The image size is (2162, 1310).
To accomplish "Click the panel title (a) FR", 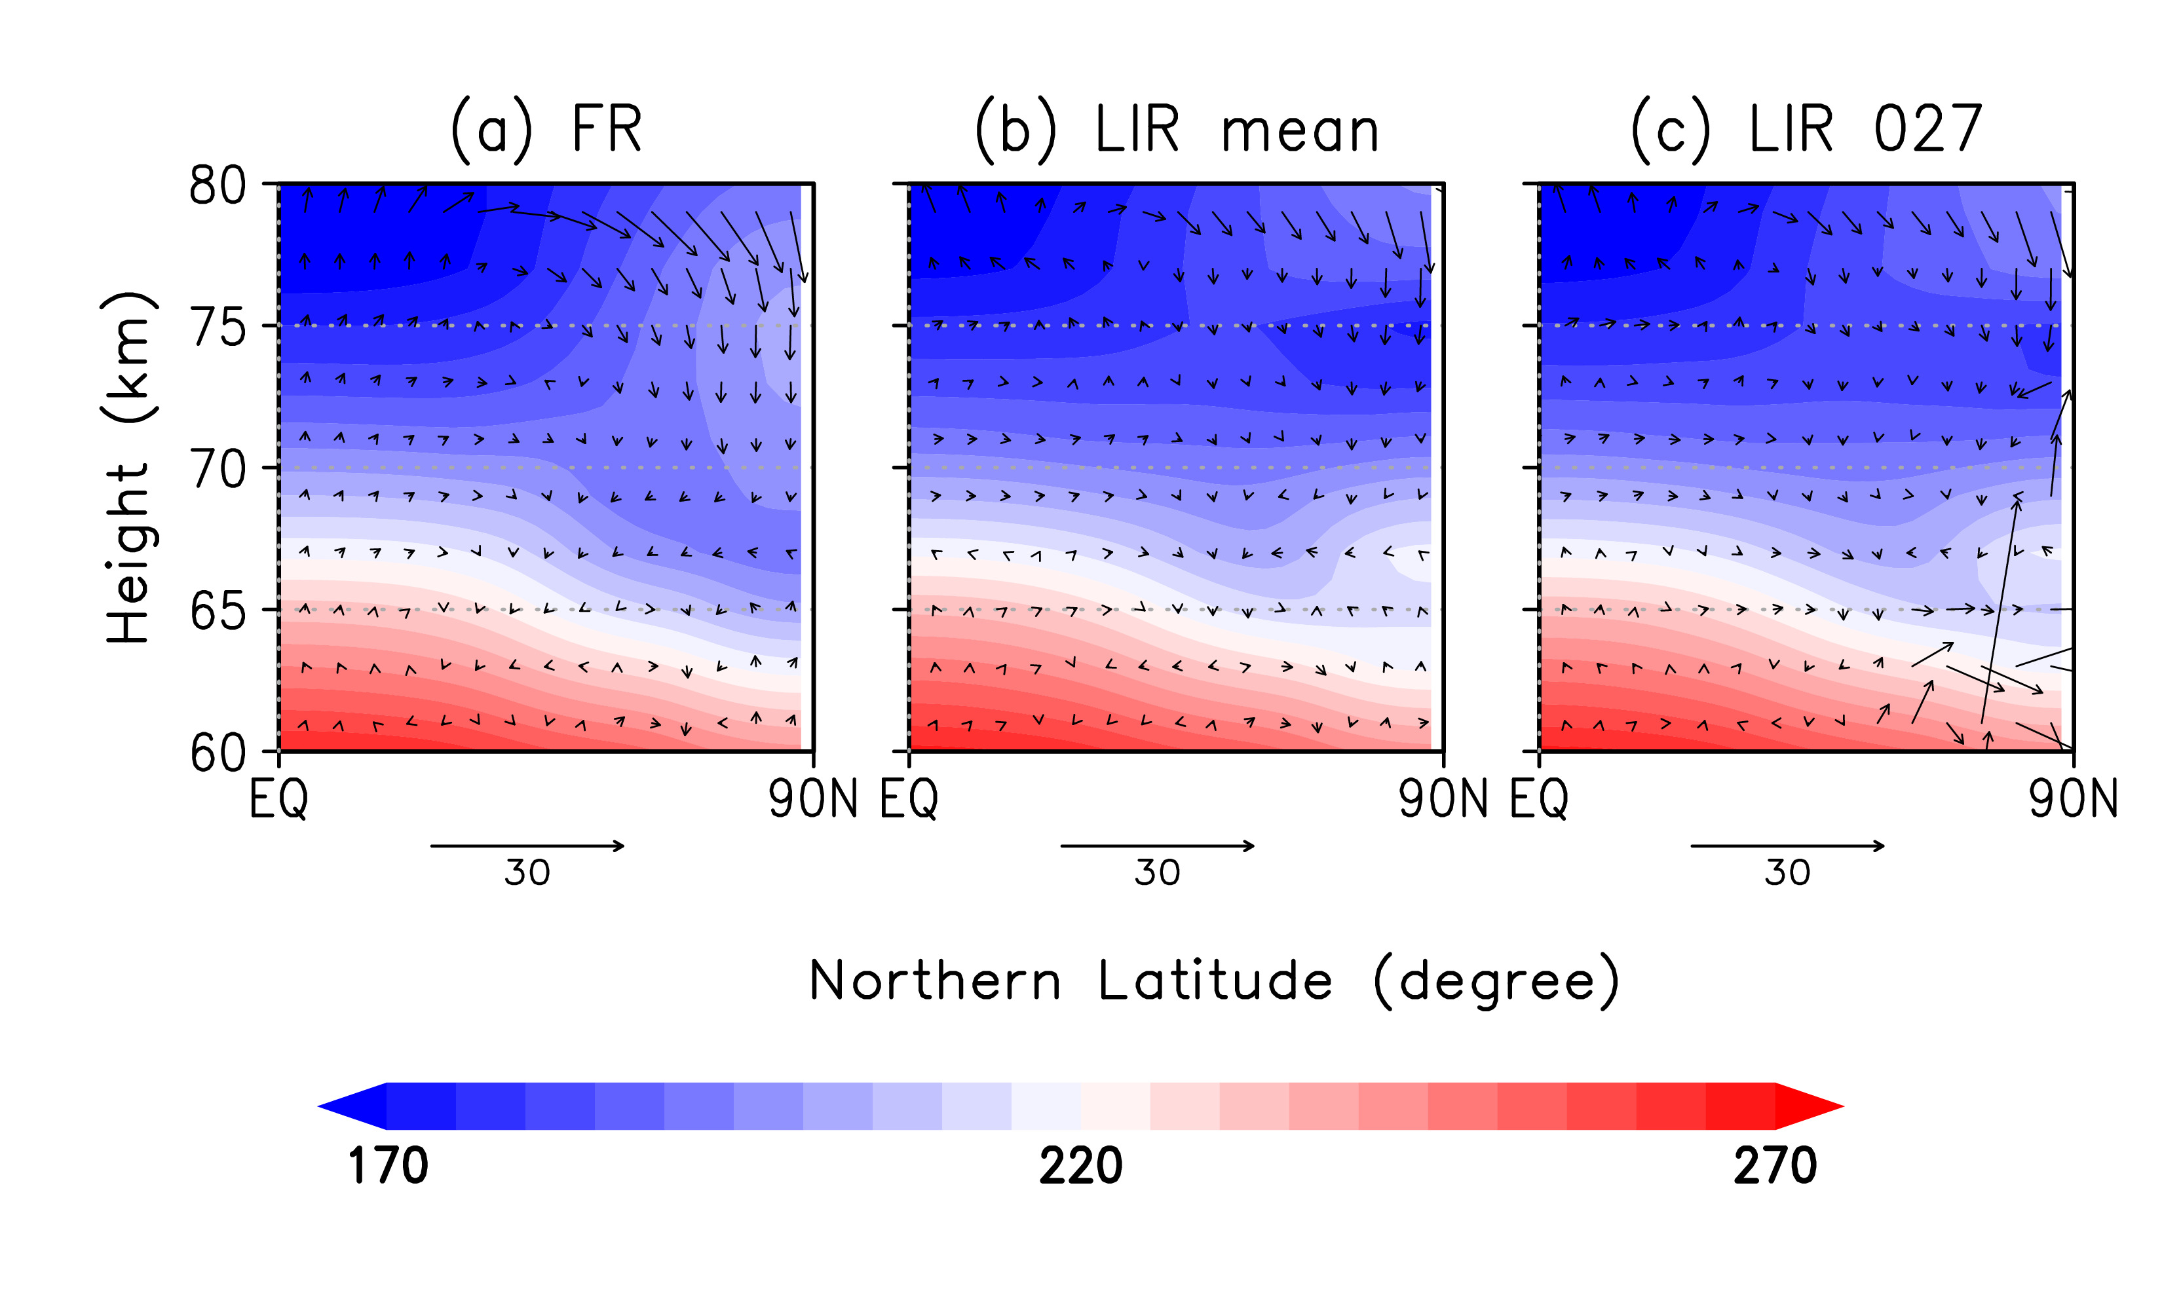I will (x=546, y=130).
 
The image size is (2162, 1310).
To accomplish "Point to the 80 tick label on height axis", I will (x=218, y=186).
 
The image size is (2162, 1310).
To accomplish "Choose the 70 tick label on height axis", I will (x=218, y=470).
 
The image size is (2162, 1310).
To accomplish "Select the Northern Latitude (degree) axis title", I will (x=1213, y=981).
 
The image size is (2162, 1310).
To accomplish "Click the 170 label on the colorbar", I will (x=388, y=1166).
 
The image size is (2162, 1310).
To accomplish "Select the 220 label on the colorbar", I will (x=1080, y=1166).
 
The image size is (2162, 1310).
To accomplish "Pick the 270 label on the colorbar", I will (x=1774, y=1166).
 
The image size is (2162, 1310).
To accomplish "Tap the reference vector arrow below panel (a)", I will (x=527, y=846).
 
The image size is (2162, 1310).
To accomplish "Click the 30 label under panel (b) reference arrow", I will (x=1156, y=873).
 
